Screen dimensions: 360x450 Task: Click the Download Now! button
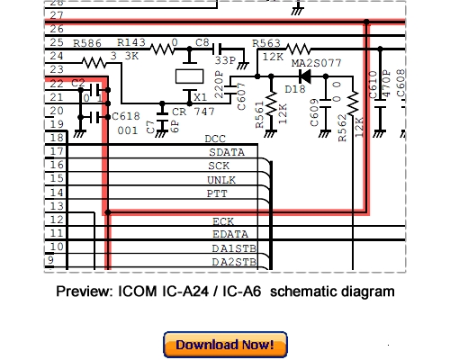[225, 345]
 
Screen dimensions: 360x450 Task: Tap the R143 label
[132, 42]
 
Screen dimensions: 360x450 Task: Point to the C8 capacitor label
[202, 42]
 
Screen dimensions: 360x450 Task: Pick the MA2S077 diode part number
[316, 64]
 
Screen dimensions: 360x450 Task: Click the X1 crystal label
[200, 96]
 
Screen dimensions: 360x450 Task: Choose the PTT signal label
[217, 193]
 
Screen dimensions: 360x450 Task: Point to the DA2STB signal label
[233, 262]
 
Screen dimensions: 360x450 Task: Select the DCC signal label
[215, 139]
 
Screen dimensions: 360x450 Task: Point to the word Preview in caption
[83, 292]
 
